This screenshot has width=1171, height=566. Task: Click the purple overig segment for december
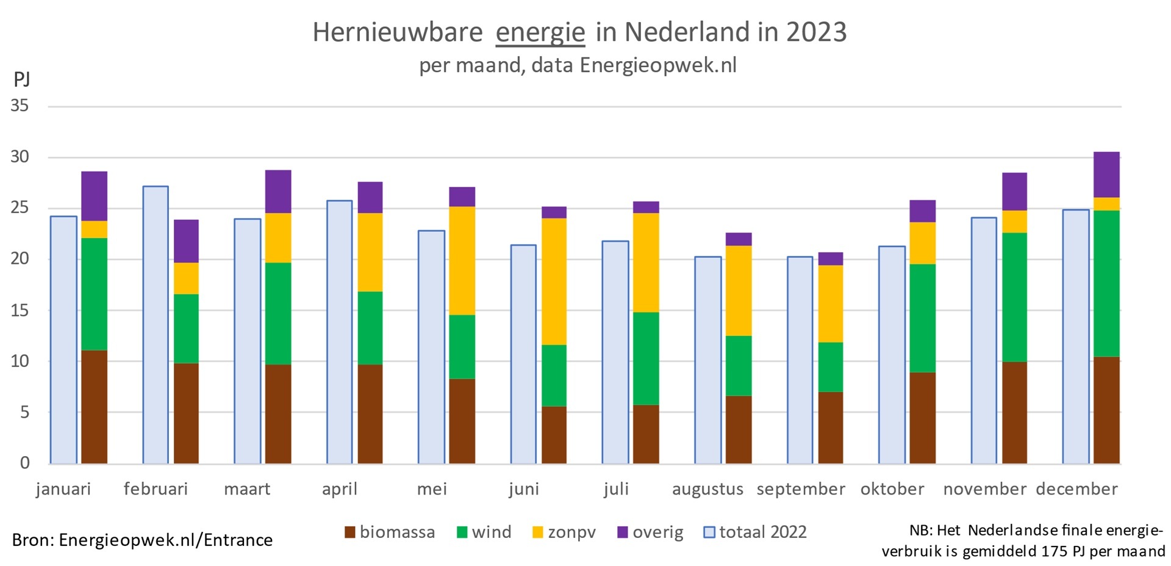(1106, 175)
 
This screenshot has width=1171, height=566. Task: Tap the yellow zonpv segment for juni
(554, 281)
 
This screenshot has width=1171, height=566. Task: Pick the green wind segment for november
(1014, 297)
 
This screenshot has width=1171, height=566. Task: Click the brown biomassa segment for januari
(94, 407)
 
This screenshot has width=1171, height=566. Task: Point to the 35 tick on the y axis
(20, 106)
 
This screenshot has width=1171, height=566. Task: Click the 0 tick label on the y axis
(24, 463)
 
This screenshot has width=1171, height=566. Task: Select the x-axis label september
(800, 489)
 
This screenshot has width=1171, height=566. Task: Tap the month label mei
(432, 489)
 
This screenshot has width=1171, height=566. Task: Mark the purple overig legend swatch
(623, 532)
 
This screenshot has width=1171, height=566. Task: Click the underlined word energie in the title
(540, 32)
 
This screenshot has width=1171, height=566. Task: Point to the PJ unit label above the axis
(22, 79)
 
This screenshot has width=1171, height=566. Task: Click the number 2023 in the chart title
(816, 32)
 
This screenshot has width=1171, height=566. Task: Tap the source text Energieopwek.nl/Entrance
(165, 540)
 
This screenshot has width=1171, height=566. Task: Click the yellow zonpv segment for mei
(462, 261)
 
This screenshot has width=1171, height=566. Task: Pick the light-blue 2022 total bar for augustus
(707, 360)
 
